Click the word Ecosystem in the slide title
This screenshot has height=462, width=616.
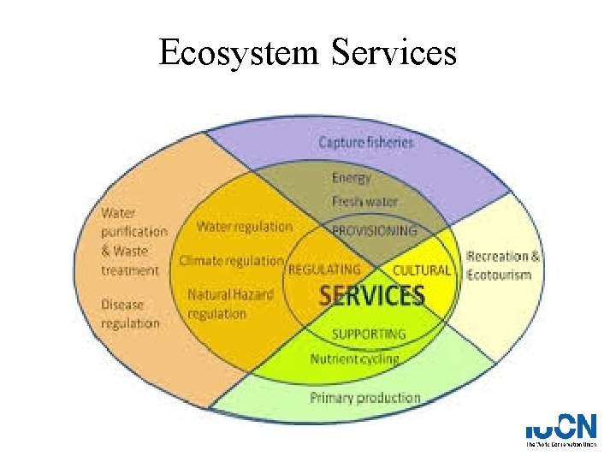click(238, 54)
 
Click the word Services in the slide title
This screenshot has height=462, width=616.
click(392, 53)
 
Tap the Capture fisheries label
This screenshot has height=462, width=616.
click(365, 142)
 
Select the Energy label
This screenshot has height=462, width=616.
click(352, 178)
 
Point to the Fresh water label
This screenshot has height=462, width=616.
click(364, 202)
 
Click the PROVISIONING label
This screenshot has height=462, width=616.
click(375, 231)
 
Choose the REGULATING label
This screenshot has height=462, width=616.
click(324, 269)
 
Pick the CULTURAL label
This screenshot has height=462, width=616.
click(421, 269)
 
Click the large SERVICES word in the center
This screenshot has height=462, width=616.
click(371, 296)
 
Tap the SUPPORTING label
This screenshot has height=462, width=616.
click(369, 334)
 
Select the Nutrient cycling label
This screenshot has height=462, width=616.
click(354, 358)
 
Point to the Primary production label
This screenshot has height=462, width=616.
click(365, 398)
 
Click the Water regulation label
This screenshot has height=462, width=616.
click(244, 227)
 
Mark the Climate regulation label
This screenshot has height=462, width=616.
click(231, 260)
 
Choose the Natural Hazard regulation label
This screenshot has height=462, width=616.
click(230, 304)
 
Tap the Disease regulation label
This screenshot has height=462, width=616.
click(130, 313)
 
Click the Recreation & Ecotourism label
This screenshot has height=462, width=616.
click(503, 265)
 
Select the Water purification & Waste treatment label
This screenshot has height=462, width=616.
click(133, 241)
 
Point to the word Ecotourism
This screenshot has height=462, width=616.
click(500, 275)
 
